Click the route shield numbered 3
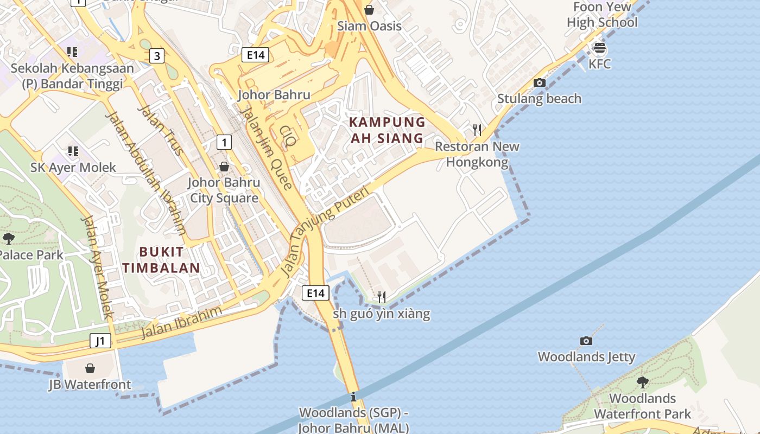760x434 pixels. (x=157, y=55)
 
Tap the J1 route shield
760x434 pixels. (x=100, y=341)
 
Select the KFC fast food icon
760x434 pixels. (x=599, y=48)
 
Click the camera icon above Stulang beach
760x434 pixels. (x=539, y=82)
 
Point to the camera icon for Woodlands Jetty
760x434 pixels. (x=586, y=341)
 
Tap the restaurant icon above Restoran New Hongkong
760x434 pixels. (x=477, y=130)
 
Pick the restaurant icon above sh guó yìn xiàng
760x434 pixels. (x=382, y=297)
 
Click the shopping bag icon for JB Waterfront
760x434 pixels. (x=90, y=368)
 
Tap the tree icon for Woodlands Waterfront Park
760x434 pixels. (x=642, y=382)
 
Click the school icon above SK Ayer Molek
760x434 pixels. (x=73, y=151)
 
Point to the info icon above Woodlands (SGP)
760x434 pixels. (x=353, y=396)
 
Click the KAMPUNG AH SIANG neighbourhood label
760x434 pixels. (x=387, y=130)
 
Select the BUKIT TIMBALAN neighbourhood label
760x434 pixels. (x=161, y=260)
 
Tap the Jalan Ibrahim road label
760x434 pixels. (x=182, y=322)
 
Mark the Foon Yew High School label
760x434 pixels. (x=602, y=15)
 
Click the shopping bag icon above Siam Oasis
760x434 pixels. (x=369, y=10)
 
